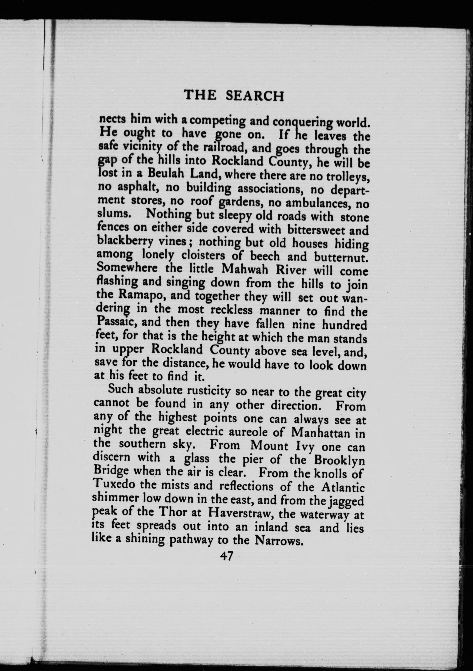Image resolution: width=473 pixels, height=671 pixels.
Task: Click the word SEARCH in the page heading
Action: [255, 96]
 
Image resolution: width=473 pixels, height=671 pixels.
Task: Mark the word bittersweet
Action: [315, 230]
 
